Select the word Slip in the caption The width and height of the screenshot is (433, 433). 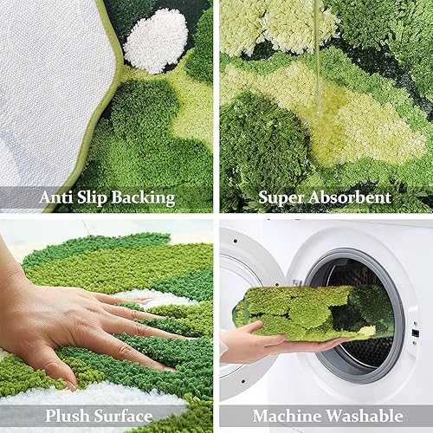pos(97,198)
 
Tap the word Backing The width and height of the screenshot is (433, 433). pos(145,198)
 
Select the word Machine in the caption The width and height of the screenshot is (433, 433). pos(285,415)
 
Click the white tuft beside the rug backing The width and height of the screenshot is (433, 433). pos(156,40)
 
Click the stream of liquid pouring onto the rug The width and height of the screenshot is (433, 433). pos(318,52)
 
